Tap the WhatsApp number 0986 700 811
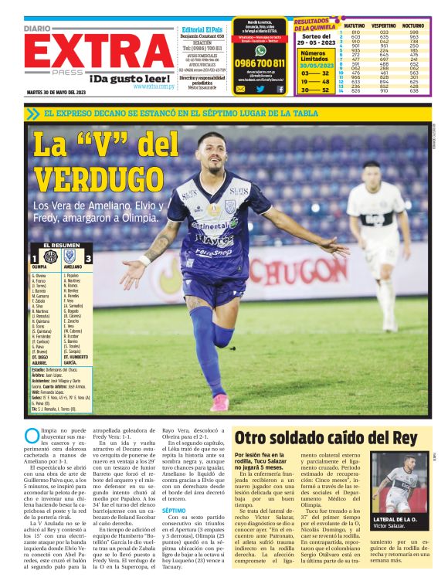click(260, 63)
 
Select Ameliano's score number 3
click(88, 260)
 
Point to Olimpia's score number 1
click(34, 260)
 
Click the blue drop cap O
click(31, 436)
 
